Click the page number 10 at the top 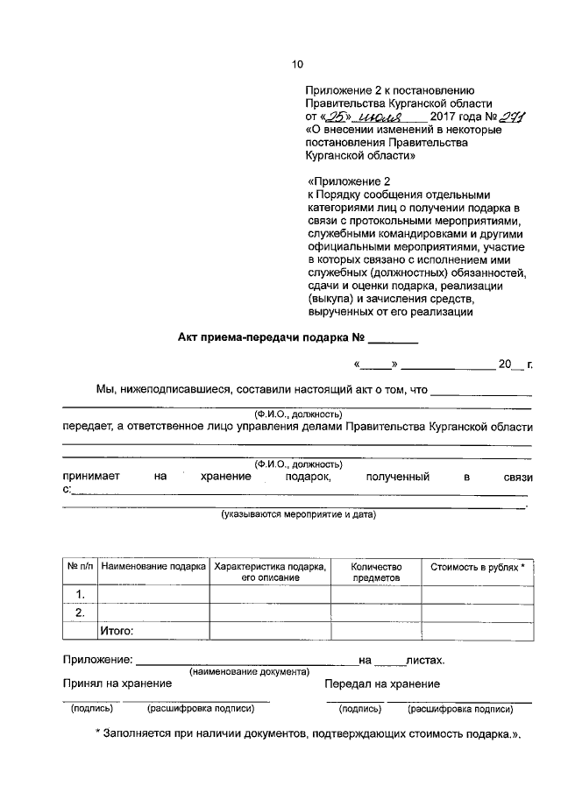coord(296,64)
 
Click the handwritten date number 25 coord(336,117)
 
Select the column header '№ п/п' coord(80,567)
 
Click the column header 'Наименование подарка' coord(153,567)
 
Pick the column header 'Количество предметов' coord(375,572)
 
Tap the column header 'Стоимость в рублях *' coord(478,567)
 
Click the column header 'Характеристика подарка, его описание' coord(270,572)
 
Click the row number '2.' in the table coord(80,612)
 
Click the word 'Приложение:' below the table coord(96,660)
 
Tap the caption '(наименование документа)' coord(249,672)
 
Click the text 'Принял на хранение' coord(110,684)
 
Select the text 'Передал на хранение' coord(382,684)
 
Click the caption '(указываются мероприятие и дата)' coord(298,514)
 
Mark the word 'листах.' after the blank coord(424,660)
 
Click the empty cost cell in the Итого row coord(478,631)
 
